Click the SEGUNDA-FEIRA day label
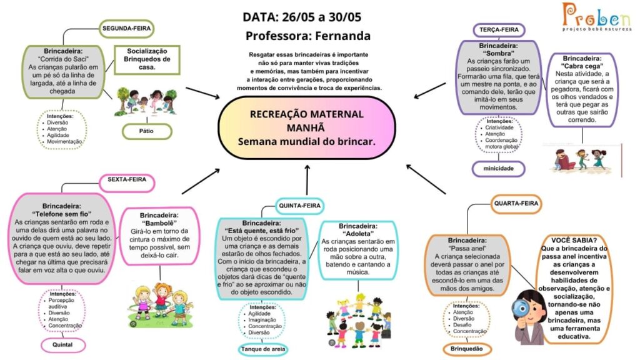126,29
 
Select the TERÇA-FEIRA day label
499,30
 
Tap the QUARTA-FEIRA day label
516,203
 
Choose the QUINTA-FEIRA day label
299,206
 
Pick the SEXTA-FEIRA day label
127,179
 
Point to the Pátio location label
146,131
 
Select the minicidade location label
498,168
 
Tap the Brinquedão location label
466,349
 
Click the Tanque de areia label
263,349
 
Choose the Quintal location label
62,345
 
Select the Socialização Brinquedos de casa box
147,59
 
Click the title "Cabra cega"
582,66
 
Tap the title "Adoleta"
358,234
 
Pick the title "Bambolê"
159,223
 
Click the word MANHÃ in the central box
306,127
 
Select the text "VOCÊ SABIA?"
574,241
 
